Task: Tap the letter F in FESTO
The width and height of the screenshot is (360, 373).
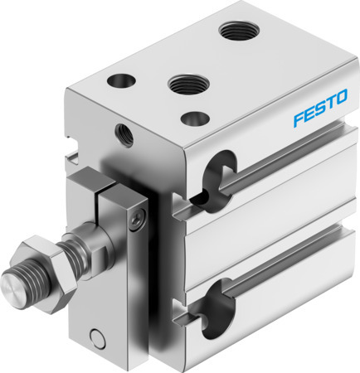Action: (296, 123)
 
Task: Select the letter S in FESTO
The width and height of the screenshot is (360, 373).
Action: (317, 117)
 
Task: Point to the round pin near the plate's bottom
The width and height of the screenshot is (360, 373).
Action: (100, 337)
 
